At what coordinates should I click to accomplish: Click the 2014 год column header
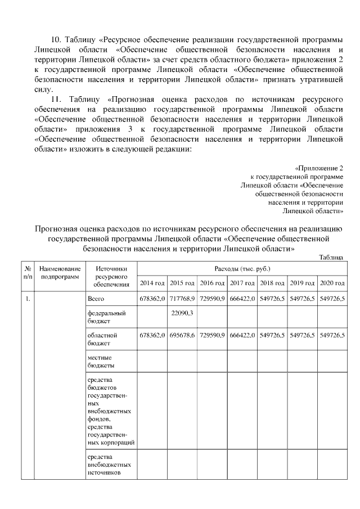pos(152,282)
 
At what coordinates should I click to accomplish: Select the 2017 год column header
pos(242,282)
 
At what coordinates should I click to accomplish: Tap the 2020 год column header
pos(332,282)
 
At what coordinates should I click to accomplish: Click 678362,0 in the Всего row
pos(152,298)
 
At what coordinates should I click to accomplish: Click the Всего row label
pos(96,298)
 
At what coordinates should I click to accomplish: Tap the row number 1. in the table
pos(27,298)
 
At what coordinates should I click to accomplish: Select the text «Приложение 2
pos(319,168)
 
